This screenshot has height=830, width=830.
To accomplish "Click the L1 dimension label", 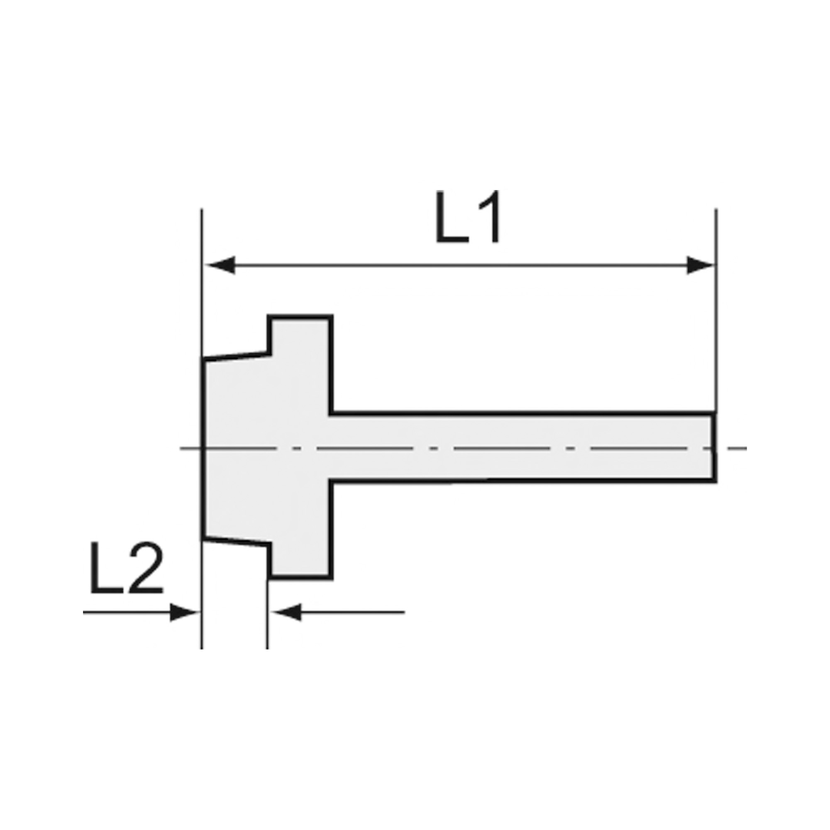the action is pos(467,217).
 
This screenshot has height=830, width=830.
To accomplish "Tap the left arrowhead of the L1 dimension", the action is pos(220,265).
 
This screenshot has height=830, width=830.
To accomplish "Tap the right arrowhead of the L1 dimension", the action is pos(700,265).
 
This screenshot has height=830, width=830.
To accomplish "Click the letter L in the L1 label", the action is pos(452,217).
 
